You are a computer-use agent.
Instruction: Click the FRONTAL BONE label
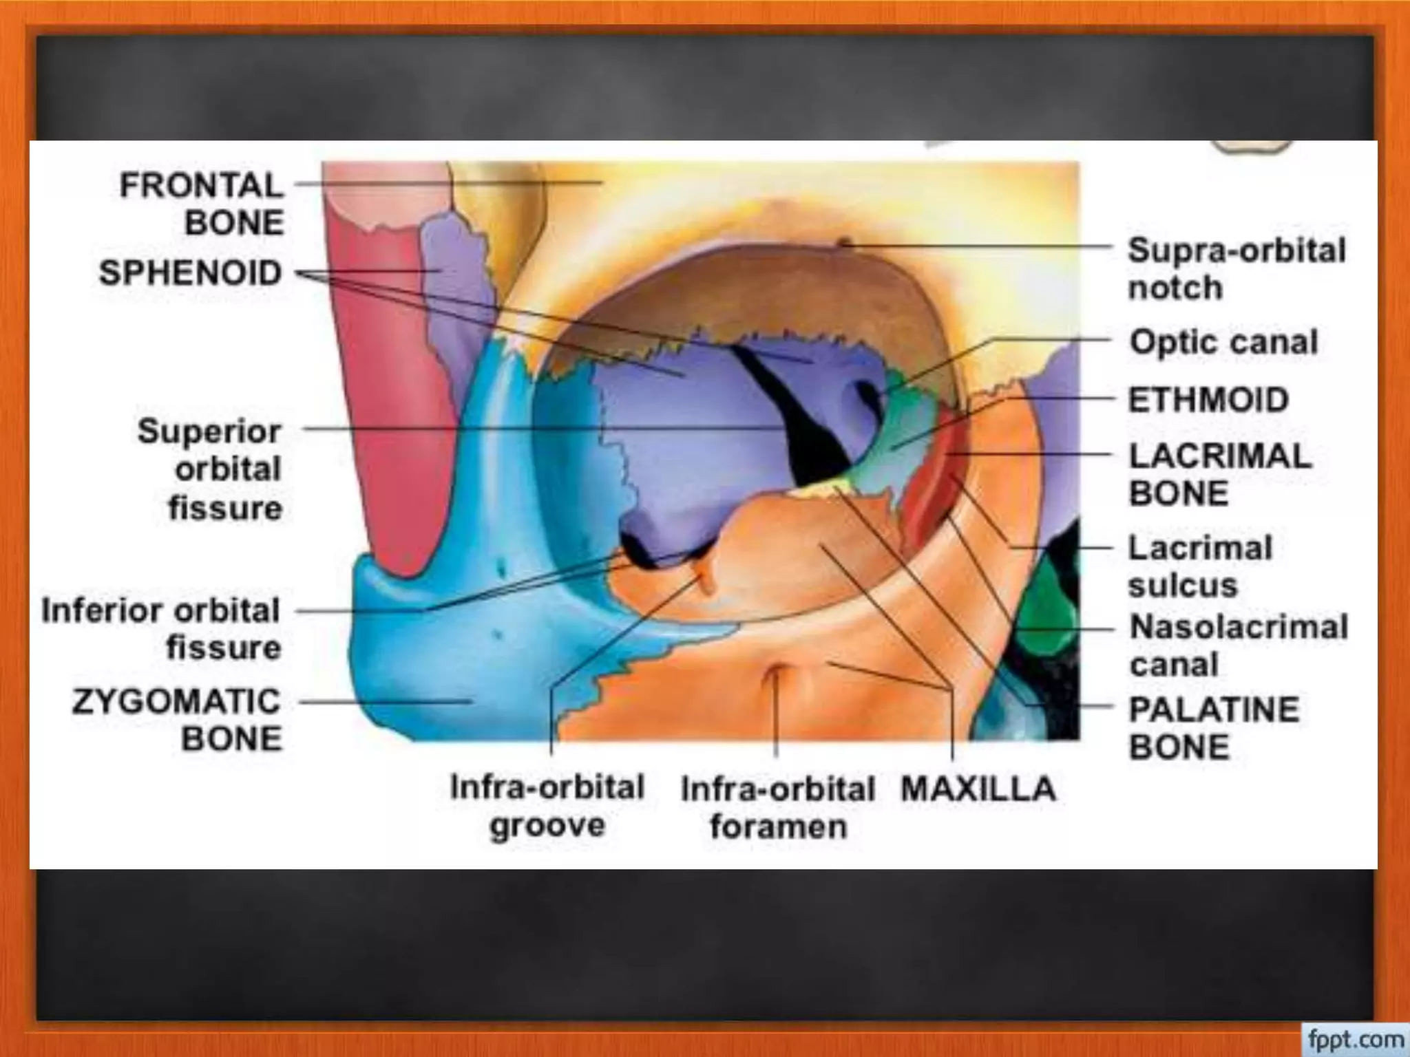pyautogui.click(x=201, y=204)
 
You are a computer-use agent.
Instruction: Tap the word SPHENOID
pyautogui.click(x=191, y=273)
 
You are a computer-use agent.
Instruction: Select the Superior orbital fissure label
pyautogui.click(x=210, y=469)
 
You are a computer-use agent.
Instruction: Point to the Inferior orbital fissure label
pyautogui.click(x=161, y=629)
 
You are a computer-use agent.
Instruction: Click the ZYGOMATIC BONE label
pyautogui.click(x=177, y=720)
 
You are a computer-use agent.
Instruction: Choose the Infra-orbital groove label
pyautogui.click(x=547, y=806)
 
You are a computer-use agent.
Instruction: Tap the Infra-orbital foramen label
pyautogui.click(x=778, y=807)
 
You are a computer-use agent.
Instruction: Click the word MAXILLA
pyautogui.click(x=978, y=789)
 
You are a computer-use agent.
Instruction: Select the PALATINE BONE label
pyautogui.click(x=1214, y=728)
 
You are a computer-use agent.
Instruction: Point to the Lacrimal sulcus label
pyautogui.click(x=1200, y=566)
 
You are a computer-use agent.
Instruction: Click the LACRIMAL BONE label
pyautogui.click(x=1220, y=474)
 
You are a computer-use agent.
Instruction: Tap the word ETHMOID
pyautogui.click(x=1208, y=400)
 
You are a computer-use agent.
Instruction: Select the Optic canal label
pyautogui.click(x=1223, y=342)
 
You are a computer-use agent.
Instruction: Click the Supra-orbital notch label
pyautogui.click(x=1237, y=268)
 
